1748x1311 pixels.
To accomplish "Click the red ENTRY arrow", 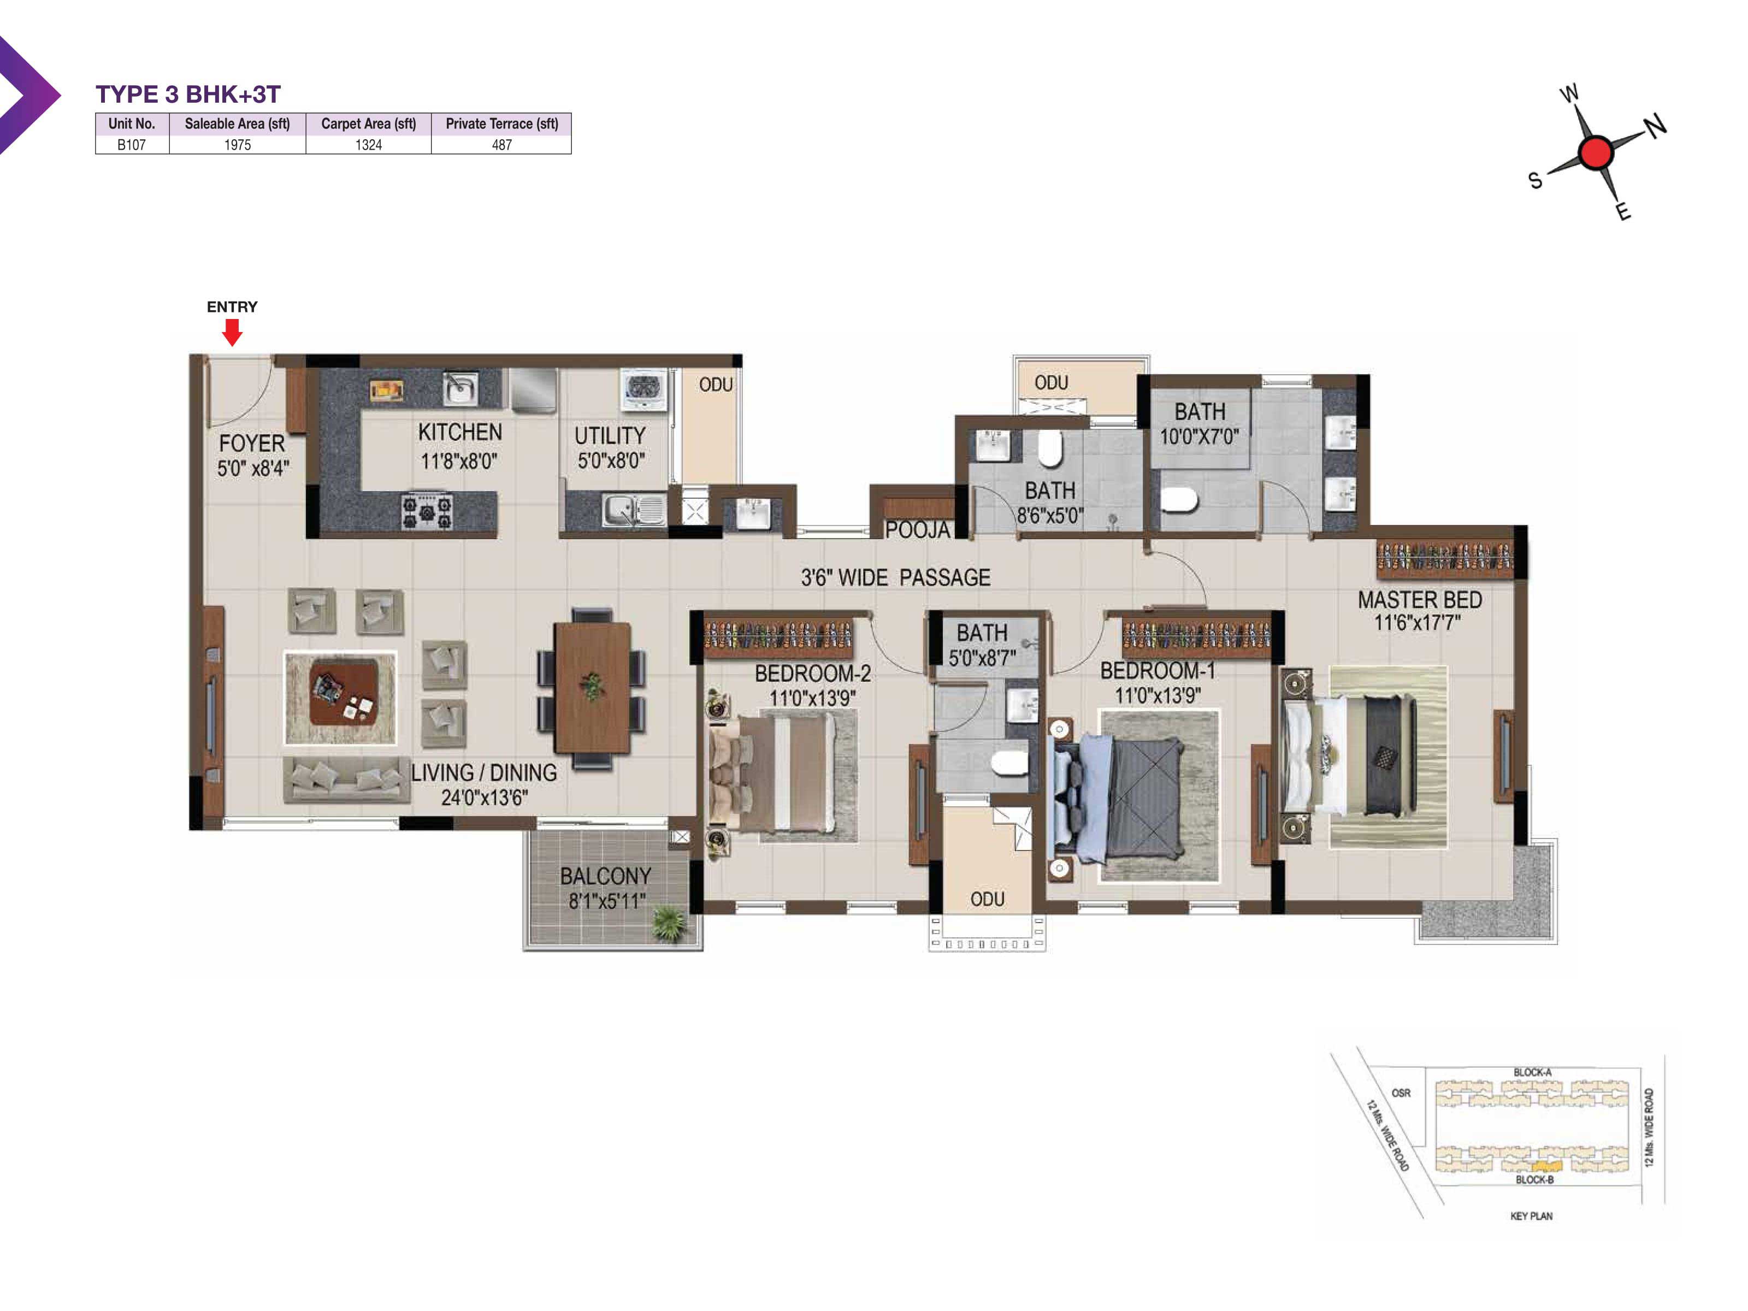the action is (x=232, y=333).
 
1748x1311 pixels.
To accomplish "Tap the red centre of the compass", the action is (x=1596, y=152).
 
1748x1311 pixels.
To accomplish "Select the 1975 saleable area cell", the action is (x=237, y=145).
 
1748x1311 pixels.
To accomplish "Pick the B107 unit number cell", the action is (x=131, y=145).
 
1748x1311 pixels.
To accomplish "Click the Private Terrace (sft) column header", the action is (x=502, y=123).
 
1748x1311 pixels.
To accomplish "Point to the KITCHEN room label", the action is (x=460, y=432).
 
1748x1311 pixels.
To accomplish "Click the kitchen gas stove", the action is (x=427, y=511).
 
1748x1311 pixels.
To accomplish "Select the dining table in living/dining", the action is (x=592, y=688).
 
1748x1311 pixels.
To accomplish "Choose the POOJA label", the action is (x=918, y=529).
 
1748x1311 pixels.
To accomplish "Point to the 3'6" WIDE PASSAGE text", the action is (x=895, y=578).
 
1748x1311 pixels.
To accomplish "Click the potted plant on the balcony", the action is (x=669, y=923).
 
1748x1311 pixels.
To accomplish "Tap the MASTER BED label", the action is (x=1420, y=600).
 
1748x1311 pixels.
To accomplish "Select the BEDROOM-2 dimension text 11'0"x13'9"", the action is (x=812, y=698).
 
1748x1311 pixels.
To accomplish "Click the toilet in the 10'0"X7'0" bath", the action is (x=1179, y=499).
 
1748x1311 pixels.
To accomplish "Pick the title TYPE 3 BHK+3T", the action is (x=188, y=94).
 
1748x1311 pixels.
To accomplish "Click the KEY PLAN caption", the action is (x=1531, y=1216).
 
